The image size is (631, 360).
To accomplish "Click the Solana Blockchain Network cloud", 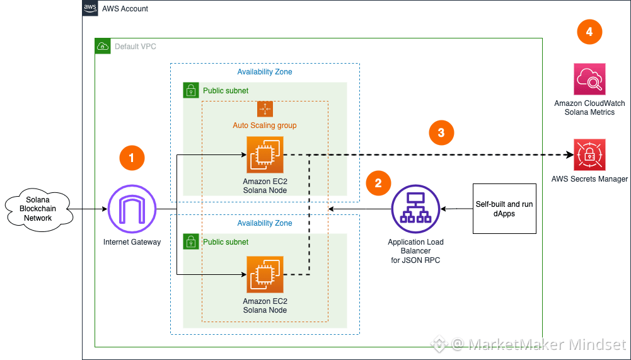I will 38,209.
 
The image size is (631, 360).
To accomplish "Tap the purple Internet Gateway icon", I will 132,209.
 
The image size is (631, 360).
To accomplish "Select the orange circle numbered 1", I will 132,158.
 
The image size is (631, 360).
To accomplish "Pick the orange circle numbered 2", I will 378,183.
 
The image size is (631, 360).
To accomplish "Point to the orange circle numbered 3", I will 441,132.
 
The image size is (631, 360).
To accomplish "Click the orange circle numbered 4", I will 589,32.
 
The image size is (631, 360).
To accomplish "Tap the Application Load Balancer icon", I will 415,209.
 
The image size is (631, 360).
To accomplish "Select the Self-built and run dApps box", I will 504,209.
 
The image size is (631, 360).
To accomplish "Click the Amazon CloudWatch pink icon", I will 589,79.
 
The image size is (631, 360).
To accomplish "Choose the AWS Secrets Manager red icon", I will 589,154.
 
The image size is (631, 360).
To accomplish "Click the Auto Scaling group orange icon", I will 265,108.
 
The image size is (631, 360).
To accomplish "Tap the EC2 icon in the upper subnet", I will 265,154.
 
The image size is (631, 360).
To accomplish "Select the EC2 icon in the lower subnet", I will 265,274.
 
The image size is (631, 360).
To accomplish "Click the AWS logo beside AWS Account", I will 90,8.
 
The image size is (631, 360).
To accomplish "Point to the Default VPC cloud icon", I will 102,46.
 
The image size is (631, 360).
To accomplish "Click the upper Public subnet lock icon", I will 190,90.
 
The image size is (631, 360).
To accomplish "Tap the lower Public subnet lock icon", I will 190,241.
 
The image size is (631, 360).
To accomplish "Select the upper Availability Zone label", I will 265,72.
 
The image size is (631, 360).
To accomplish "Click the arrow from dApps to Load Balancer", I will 457,209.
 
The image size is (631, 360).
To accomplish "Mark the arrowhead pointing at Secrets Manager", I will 568,154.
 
